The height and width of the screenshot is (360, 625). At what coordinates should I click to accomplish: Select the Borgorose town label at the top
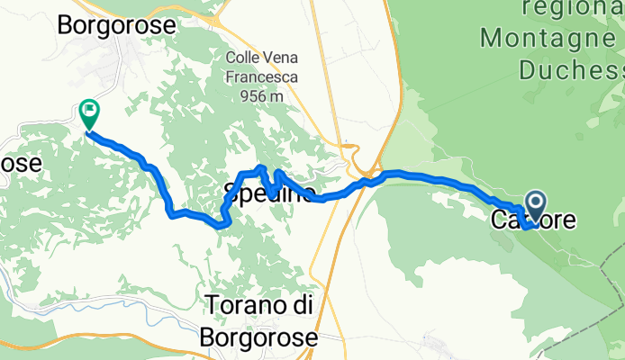tap(116, 25)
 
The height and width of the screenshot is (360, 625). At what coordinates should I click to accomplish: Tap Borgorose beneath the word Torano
tap(261, 337)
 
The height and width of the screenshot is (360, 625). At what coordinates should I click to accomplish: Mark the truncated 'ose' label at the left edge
tap(20, 164)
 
